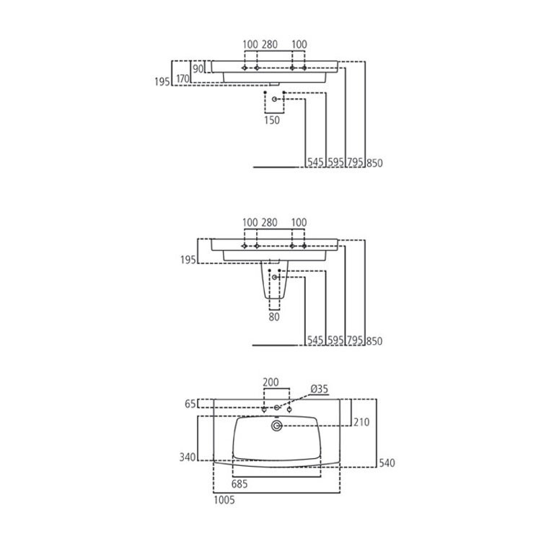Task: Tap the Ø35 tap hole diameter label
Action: point(318,390)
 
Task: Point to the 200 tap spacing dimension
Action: point(270,382)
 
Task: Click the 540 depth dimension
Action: point(386,462)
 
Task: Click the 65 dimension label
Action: point(190,405)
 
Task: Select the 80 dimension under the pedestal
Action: point(274,316)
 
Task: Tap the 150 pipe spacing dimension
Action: point(272,120)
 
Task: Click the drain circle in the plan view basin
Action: point(276,427)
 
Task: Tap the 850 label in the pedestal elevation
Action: point(374,340)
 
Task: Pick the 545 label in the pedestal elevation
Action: point(315,340)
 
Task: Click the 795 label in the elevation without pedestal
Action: point(355,163)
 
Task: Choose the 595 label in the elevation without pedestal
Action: point(335,163)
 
